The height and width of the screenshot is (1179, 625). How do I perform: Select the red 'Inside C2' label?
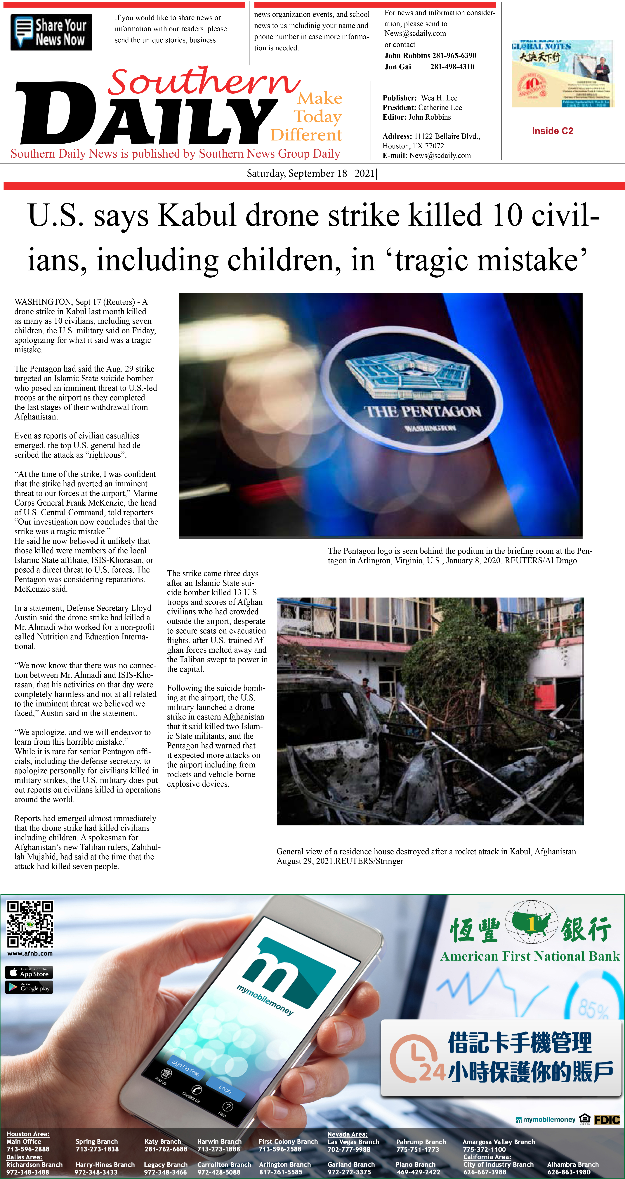(552, 131)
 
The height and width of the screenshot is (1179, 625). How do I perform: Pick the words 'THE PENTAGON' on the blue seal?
(423, 411)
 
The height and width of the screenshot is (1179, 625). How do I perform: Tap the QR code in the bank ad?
(30, 924)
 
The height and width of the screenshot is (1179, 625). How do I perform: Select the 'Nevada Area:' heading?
(347, 1134)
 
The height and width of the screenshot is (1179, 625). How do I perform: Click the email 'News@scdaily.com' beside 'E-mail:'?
(440, 156)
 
